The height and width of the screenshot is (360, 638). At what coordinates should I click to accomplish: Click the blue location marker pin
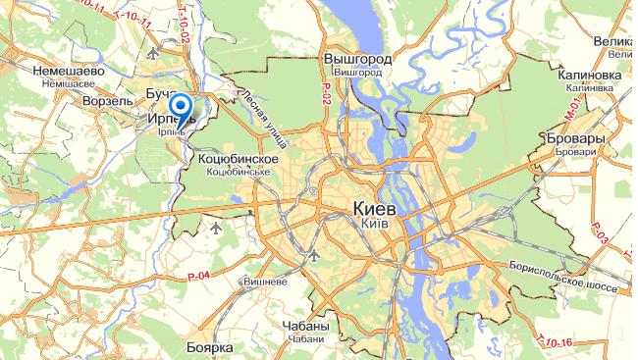[x=181, y=107]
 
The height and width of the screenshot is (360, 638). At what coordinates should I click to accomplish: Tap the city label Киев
[x=374, y=209]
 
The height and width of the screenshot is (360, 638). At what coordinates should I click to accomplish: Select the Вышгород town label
[x=357, y=60]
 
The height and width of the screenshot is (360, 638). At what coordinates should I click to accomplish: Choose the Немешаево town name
[x=68, y=72]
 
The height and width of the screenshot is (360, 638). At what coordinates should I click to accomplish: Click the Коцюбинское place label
[x=239, y=158]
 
